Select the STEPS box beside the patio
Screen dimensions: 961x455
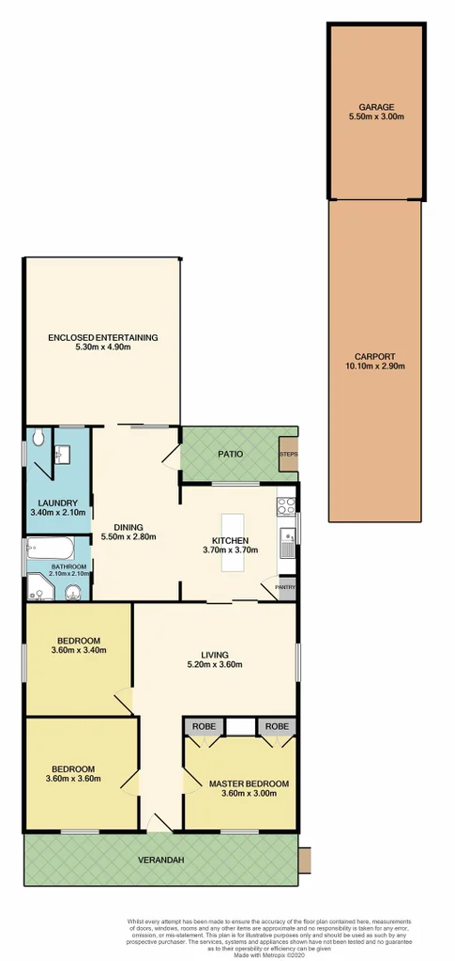pos(288,454)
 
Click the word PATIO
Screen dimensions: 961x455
pos(231,454)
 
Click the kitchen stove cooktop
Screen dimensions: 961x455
pos(286,508)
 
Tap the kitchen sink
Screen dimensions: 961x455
pos(286,542)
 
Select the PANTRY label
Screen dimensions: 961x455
pos(285,588)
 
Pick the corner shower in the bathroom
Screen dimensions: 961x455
pos(39,587)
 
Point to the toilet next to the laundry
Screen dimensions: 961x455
pos(38,439)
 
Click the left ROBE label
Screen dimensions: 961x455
pos(203,726)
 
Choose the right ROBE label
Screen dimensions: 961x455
pos(276,726)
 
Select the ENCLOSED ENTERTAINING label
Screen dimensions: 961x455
pos(103,337)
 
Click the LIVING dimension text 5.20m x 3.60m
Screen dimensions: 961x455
pos(215,665)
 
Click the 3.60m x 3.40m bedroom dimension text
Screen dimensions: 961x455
pos(79,649)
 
